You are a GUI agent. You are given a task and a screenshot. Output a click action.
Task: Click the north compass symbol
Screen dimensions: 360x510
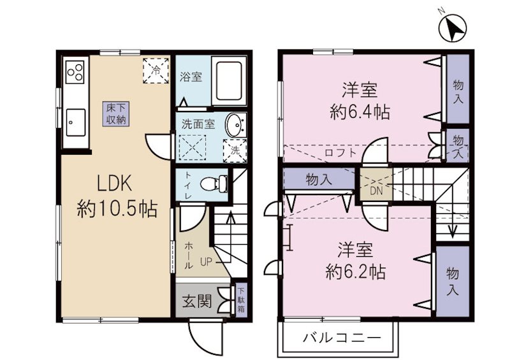click(455, 27)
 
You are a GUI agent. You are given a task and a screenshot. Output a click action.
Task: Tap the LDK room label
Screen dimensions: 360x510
click(113, 184)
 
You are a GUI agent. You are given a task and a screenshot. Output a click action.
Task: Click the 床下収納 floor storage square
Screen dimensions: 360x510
click(116, 113)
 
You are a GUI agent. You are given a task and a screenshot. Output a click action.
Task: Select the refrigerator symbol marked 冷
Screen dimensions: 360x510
click(155, 69)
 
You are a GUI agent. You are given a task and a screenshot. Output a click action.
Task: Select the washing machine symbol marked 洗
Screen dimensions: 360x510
click(234, 151)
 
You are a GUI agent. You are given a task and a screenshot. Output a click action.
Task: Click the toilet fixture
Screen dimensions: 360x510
click(214, 184)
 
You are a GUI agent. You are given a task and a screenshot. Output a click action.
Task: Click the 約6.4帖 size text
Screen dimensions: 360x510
click(360, 113)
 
